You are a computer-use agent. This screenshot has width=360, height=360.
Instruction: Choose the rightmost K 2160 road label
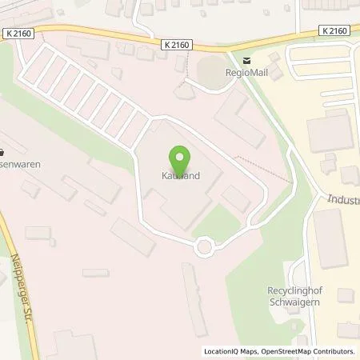pos(333,31)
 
